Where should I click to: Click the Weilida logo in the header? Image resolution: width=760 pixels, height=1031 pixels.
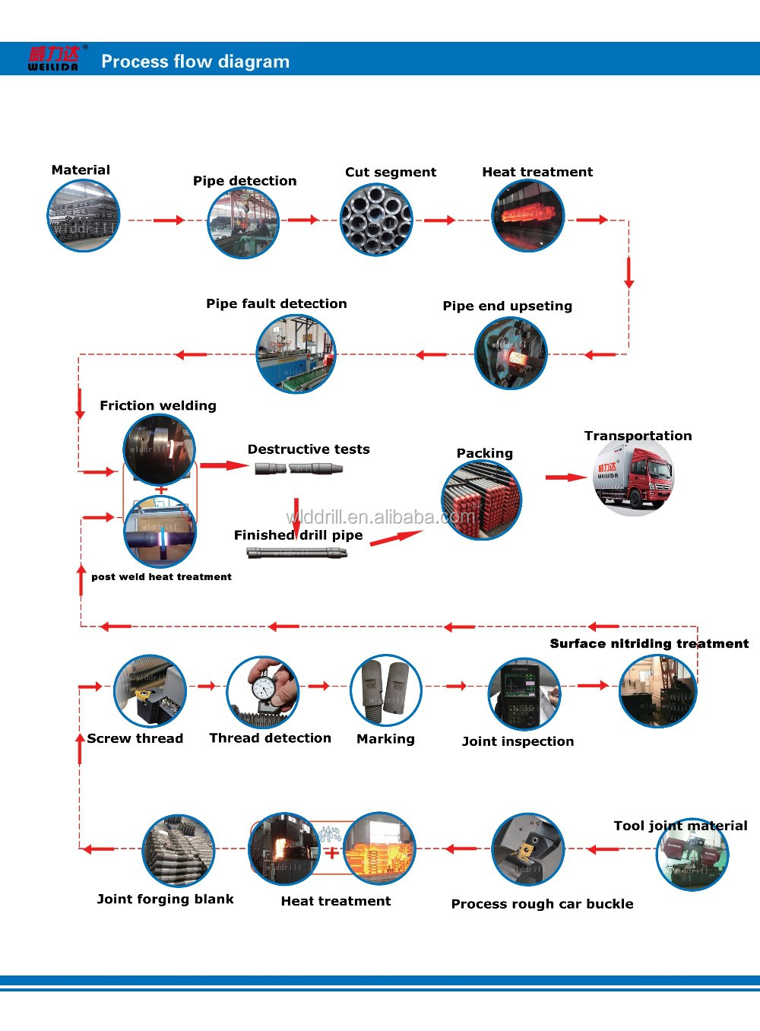coord(54,59)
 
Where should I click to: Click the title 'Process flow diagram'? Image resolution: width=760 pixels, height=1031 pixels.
coord(195,62)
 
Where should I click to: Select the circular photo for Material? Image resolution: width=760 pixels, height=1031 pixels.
coord(84,217)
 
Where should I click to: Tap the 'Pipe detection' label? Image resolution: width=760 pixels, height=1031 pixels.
coord(245,181)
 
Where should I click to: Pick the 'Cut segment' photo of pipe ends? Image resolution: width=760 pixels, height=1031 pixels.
coord(376,220)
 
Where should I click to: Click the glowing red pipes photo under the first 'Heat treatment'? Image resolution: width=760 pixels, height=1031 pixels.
coord(528,216)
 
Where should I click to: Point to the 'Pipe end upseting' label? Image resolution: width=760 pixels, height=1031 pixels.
coord(507,306)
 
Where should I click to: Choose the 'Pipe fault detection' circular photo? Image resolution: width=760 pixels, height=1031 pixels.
coord(296,354)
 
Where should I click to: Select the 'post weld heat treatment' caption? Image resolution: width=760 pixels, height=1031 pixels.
coord(161,577)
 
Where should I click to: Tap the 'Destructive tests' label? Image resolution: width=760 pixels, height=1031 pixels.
coord(309,449)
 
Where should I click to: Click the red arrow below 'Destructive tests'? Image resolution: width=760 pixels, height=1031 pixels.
coord(296,516)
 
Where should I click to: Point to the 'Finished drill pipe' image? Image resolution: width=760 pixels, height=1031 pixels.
coord(297,553)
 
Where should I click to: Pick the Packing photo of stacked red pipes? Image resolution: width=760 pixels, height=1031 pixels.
coord(481,500)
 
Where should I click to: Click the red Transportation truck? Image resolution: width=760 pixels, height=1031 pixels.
coord(634,477)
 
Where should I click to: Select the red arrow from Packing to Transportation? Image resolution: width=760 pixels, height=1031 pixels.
coord(566,477)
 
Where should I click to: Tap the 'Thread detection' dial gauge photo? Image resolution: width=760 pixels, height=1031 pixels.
coord(263,692)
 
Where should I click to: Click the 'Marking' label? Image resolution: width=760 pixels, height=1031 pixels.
coord(385,739)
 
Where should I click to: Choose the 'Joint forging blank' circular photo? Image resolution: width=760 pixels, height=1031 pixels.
coord(179,851)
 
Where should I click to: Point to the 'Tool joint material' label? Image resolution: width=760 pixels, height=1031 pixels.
coord(680,826)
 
